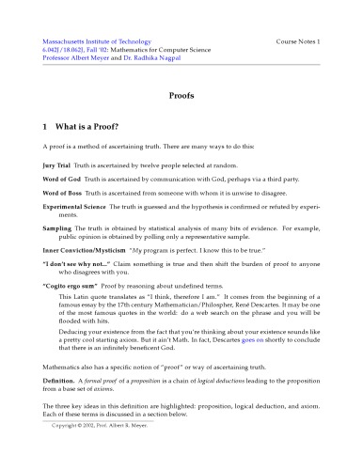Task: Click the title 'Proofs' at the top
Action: pyautogui.click(x=181, y=96)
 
